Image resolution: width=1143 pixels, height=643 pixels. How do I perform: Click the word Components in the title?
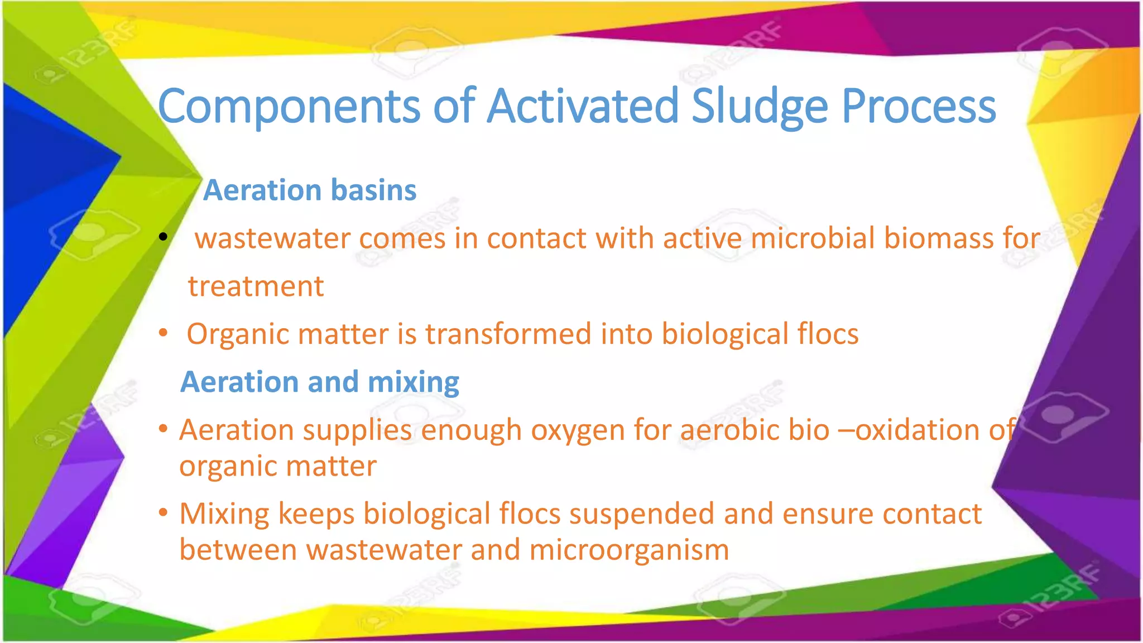click(x=289, y=106)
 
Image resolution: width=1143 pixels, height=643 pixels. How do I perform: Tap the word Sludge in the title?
click(x=760, y=106)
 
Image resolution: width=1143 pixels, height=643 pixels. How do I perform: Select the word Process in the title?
click(x=919, y=106)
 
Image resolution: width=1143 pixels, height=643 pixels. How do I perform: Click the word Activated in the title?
click(x=583, y=106)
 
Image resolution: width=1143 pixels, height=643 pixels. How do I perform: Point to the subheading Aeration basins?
click(x=310, y=190)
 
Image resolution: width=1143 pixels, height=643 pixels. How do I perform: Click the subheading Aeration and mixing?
click(x=320, y=382)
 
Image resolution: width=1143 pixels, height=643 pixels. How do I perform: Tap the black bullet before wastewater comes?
click(x=163, y=237)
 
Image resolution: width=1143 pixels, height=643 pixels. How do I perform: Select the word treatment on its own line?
click(x=256, y=286)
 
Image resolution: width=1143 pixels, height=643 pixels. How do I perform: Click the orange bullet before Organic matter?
click(x=163, y=333)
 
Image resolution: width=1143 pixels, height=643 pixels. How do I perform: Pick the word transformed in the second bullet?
click(x=508, y=334)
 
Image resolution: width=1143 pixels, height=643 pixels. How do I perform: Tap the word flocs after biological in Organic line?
click(x=828, y=334)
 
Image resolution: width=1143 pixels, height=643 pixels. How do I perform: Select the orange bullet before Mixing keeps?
click(x=163, y=512)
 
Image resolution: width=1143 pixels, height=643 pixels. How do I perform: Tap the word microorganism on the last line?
click(x=629, y=550)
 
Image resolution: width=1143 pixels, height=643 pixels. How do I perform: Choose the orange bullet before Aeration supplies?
click(x=163, y=429)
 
